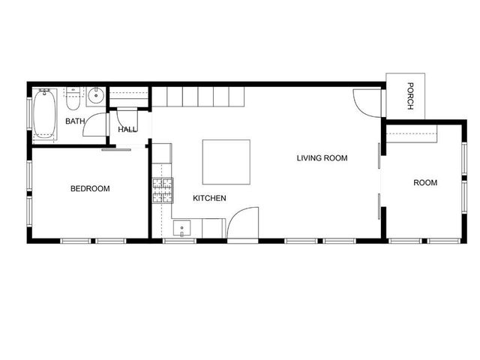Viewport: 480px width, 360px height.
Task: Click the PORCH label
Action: (410, 95)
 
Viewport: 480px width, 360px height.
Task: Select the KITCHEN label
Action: (209, 198)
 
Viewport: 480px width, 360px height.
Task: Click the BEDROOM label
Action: (90, 189)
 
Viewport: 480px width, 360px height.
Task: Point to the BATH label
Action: (75, 121)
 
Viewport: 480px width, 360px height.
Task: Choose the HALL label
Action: (127, 130)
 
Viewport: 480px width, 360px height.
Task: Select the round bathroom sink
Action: (95, 95)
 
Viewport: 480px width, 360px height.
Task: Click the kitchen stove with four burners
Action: (163, 190)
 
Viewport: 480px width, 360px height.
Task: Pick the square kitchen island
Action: (226, 161)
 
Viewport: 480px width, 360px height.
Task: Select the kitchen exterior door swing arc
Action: (241, 224)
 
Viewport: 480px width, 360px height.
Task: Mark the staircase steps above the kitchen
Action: (192, 97)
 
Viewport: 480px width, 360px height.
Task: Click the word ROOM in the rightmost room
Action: (425, 182)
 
